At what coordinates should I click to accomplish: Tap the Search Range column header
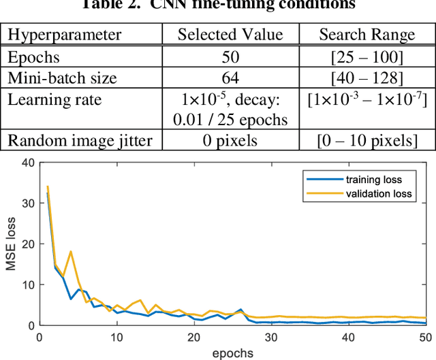[x=367, y=35]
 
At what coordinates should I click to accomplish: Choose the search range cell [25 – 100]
[x=367, y=58]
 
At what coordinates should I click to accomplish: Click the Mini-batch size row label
[x=55, y=78]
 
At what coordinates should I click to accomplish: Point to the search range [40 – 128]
[x=367, y=78]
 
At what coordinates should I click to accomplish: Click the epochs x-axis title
[x=233, y=353]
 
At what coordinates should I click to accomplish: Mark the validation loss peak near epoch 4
[x=70, y=252]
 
